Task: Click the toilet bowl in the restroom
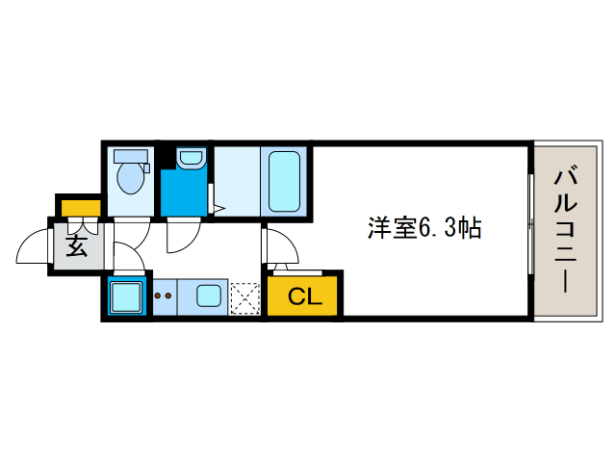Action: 131,178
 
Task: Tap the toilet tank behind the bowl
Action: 131,156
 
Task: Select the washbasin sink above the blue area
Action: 191,158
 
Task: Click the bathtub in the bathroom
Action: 284,181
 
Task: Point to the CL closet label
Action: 305,296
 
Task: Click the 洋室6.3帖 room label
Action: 424,228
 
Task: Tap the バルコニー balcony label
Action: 565,230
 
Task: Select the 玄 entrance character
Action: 77,246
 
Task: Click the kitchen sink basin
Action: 209,295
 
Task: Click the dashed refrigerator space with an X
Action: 244,298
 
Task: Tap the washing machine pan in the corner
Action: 126,297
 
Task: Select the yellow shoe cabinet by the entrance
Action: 81,208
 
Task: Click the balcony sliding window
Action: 530,224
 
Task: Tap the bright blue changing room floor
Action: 184,193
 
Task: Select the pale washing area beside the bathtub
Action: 237,181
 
